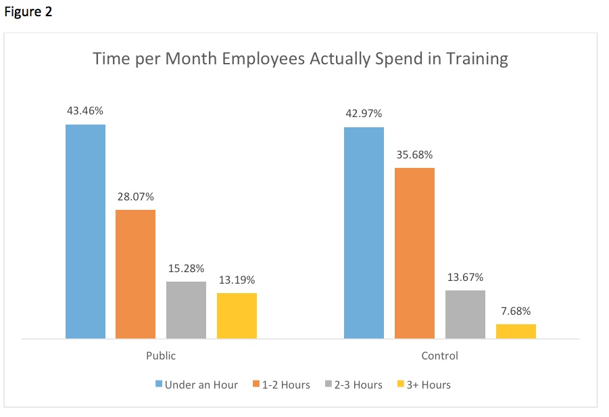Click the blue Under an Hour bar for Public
click(85, 231)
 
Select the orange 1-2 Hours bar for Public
click(135, 273)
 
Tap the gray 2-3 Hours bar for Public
click(186, 309)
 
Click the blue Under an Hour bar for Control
click(364, 232)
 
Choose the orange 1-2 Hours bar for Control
click(414, 253)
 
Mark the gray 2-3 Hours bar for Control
click(465, 314)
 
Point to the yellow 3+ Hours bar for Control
click(516, 331)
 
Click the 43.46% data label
click(85, 110)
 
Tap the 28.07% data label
click(135, 197)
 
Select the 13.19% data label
click(237, 280)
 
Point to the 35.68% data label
click(414, 154)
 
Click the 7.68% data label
click(516, 311)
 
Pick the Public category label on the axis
click(161, 355)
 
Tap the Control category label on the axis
click(439, 355)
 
